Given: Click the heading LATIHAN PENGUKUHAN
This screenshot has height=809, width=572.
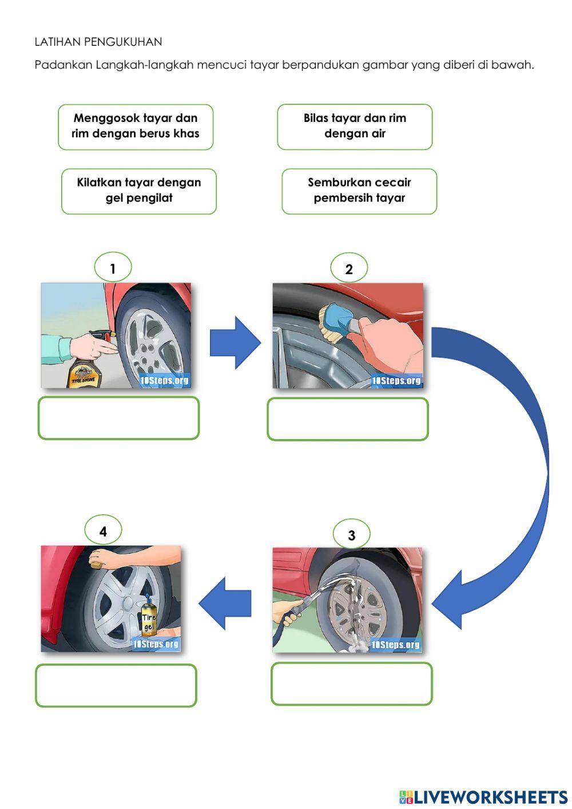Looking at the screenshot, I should tap(98, 42).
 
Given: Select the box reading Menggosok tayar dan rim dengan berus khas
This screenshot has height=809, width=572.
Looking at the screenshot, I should tap(136, 127).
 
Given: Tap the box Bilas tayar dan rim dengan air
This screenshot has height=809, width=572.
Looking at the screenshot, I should tap(355, 127).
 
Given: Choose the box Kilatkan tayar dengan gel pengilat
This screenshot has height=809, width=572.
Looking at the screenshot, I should tap(139, 191).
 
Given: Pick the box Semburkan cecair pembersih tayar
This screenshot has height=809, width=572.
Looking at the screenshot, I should tap(359, 191).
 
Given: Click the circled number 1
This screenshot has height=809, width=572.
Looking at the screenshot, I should tap(113, 268).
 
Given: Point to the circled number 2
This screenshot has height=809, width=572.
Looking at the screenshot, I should tap(349, 269).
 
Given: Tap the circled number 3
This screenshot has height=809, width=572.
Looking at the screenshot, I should tap(351, 535).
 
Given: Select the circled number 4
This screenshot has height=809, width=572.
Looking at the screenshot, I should tap(103, 531).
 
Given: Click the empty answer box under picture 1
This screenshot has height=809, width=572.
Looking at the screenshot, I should tap(118, 418).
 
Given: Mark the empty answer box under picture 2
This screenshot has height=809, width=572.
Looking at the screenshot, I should tap(348, 419).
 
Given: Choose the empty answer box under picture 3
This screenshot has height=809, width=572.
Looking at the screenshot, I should tap(352, 684).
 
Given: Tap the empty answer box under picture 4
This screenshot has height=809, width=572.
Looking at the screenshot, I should tap(116, 685).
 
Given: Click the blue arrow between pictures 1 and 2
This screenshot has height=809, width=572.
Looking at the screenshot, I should tap(235, 342).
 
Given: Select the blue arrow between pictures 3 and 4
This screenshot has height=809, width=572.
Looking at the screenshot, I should tap(225, 603).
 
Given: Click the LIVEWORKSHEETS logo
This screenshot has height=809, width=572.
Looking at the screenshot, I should tap(483, 796).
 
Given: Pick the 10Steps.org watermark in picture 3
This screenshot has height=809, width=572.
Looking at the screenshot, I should tap(395, 645).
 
